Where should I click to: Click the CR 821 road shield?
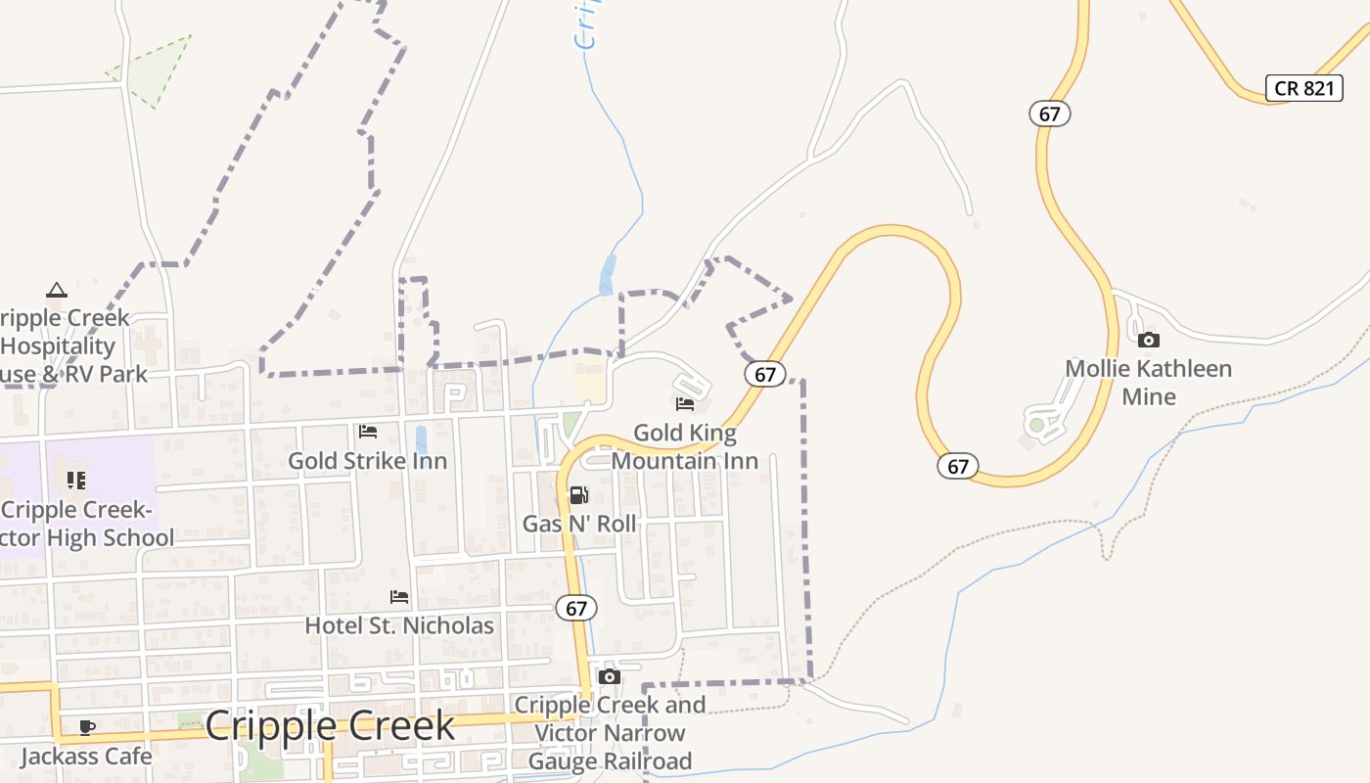pyautogui.click(x=1304, y=87)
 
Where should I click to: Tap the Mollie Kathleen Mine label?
pyautogui.click(x=1148, y=383)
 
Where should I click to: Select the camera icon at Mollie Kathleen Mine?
pyautogui.click(x=1149, y=341)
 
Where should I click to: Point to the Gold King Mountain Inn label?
pyautogui.click(x=685, y=446)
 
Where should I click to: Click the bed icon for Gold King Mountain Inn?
pyautogui.click(x=685, y=403)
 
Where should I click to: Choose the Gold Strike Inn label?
pyautogui.click(x=367, y=461)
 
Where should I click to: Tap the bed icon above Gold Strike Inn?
pyautogui.click(x=368, y=431)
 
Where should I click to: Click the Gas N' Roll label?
pyautogui.click(x=579, y=524)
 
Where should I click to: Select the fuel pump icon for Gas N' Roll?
pyautogui.click(x=578, y=495)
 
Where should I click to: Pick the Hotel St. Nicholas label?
pyautogui.click(x=399, y=625)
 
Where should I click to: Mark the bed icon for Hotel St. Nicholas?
pyautogui.click(x=399, y=596)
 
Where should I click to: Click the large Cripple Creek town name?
pyautogui.click(x=330, y=726)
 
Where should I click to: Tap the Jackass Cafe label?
pyautogui.click(x=86, y=757)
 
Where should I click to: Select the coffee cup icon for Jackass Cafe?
pyautogui.click(x=87, y=727)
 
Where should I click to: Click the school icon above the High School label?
pyautogui.click(x=76, y=480)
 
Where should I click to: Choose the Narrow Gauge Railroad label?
pyautogui.click(x=610, y=733)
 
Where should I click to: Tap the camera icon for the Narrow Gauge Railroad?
pyautogui.click(x=610, y=677)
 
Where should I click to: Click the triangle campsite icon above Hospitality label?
pyautogui.click(x=57, y=290)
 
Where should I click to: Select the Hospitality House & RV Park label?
pyautogui.click(x=68, y=346)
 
